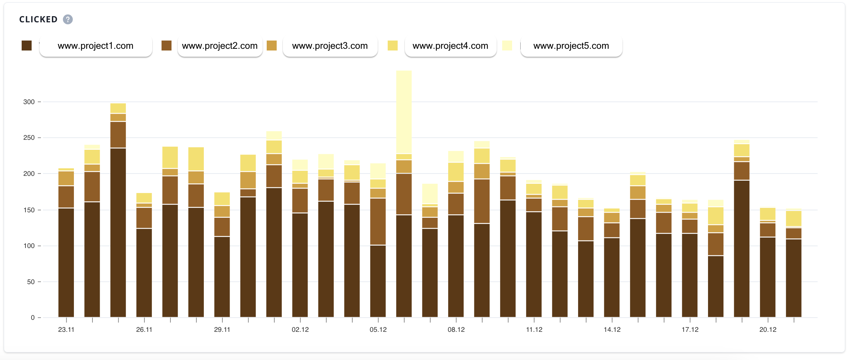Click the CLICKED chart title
(x=38, y=20)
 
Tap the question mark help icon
(x=68, y=20)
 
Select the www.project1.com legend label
(x=96, y=46)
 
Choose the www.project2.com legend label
(x=220, y=46)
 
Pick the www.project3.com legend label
(x=330, y=46)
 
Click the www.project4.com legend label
(x=450, y=46)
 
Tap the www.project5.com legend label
(x=571, y=46)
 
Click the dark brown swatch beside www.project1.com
(x=26, y=46)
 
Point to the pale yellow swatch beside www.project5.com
(x=507, y=46)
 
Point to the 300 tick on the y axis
(x=29, y=102)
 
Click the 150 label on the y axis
(x=29, y=210)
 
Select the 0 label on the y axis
(x=33, y=318)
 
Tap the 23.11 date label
(x=66, y=330)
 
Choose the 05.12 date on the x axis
(x=378, y=330)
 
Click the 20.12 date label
(x=768, y=330)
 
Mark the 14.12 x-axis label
(x=612, y=330)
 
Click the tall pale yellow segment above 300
(x=404, y=112)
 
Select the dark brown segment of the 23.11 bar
(x=66, y=263)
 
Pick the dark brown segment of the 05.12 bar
(x=378, y=281)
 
